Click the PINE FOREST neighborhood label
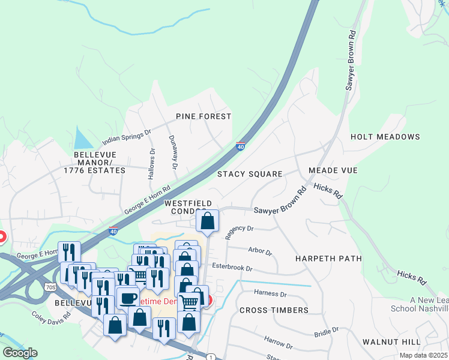(203, 116)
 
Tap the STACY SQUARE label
(250, 174)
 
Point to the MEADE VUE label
(333, 171)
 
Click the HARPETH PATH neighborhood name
(328, 259)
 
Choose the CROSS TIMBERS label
(274, 310)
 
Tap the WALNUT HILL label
(391, 341)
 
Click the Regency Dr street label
(240, 232)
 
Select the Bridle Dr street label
(327, 332)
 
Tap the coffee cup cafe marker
(128, 298)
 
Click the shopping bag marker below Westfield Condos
(207, 221)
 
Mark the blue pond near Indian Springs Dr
(81, 139)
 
